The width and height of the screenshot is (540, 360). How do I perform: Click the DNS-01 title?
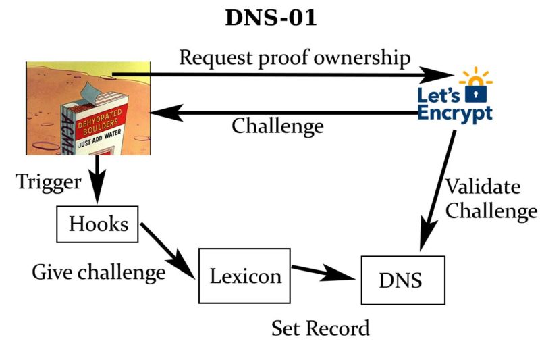click(x=270, y=18)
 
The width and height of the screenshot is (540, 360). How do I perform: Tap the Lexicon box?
click(x=244, y=276)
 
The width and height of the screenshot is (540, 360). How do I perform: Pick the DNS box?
click(x=404, y=280)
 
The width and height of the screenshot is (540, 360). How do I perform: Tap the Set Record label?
click(x=320, y=328)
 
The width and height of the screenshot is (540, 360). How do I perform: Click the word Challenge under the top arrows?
click(x=277, y=126)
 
